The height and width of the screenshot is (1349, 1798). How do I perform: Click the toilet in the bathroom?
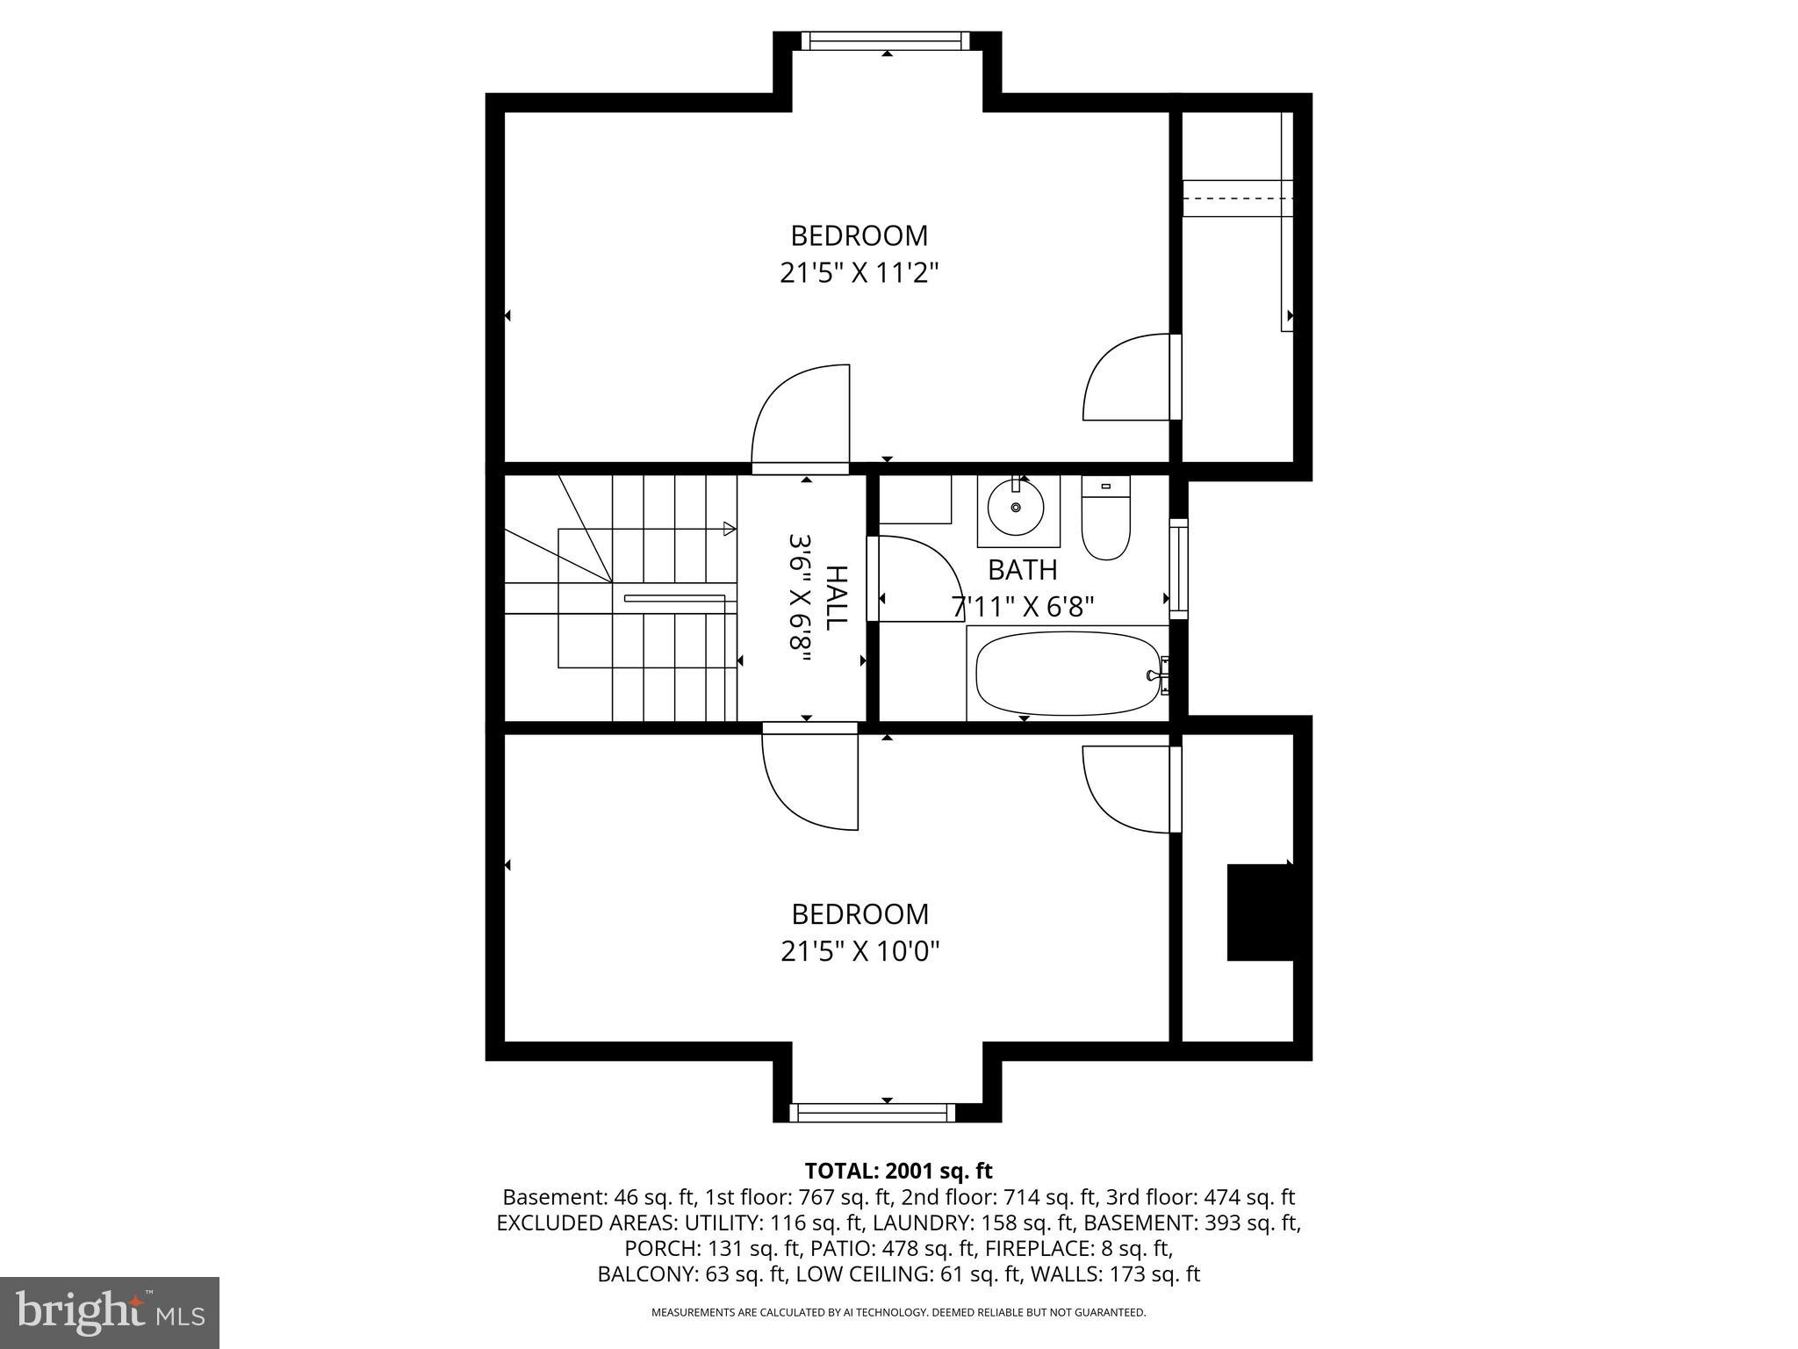[x=1105, y=518]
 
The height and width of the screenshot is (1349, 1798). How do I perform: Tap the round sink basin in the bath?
[x=1016, y=508]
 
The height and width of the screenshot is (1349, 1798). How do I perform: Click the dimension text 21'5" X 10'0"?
[x=859, y=951]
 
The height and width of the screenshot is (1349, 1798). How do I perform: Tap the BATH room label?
[x=1022, y=570]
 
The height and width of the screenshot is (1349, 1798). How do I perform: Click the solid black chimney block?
[x=1259, y=913]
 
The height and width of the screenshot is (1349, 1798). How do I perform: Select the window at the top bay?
[x=886, y=40]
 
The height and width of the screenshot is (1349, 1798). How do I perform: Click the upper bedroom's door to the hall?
[x=801, y=417]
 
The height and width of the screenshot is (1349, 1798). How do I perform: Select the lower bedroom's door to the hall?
[x=809, y=777]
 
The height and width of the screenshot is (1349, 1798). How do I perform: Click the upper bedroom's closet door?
[x=1129, y=378]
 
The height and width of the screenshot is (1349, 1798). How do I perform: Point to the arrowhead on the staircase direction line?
[x=729, y=529]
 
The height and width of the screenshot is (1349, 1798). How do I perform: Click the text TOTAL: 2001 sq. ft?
[x=898, y=1171]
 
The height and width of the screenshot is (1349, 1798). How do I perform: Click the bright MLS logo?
[x=110, y=1312]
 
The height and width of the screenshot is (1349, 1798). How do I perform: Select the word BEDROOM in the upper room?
[x=859, y=235]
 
